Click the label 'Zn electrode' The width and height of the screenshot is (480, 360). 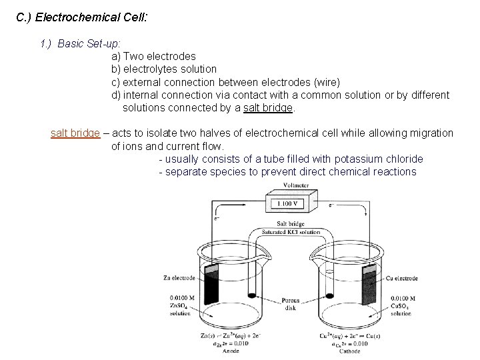(x=178, y=278)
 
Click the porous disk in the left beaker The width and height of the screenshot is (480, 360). (x=252, y=295)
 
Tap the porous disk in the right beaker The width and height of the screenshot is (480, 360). (x=329, y=295)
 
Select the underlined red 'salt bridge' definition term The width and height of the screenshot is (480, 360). (x=75, y=133)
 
